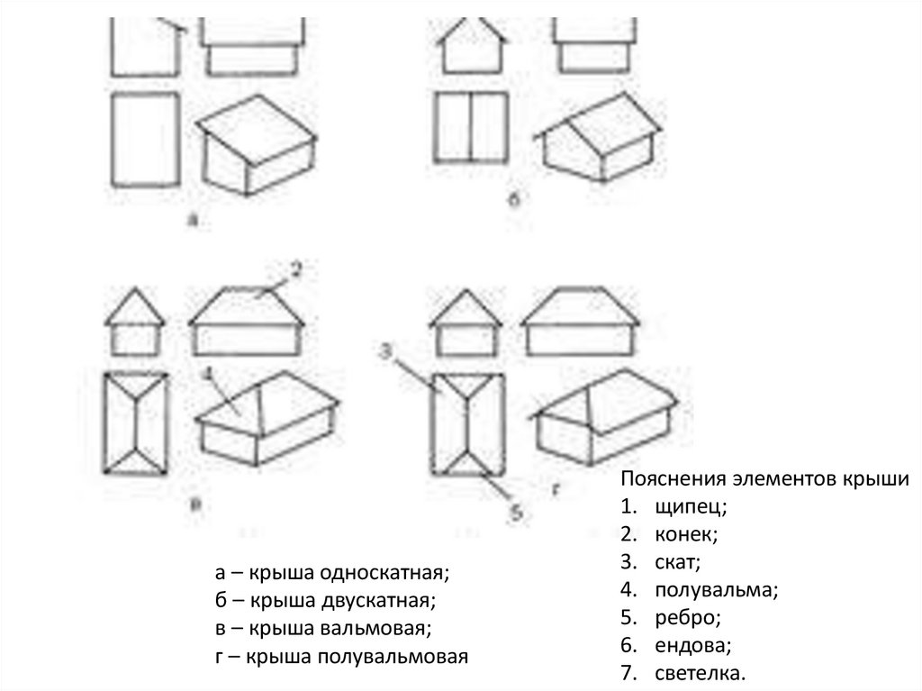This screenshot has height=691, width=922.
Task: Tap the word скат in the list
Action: click(x=676, y=563)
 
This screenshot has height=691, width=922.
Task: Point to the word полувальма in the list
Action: click(x=715, y=591)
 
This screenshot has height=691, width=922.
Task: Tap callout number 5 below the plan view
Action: click(x=517, y=512)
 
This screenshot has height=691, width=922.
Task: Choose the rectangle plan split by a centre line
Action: click(x=469, y=128)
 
